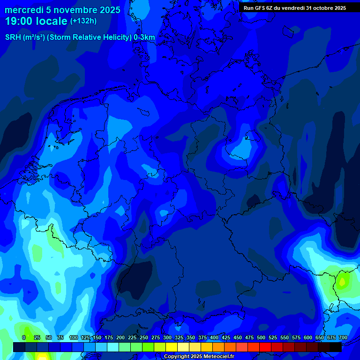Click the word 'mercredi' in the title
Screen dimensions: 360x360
(x=24, y=10)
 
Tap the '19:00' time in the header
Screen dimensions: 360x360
(x=19, y=21)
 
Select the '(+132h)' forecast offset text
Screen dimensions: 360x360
(x=83, y=21)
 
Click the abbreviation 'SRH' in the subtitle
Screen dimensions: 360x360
(x=13, y=37)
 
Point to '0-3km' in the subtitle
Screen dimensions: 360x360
(x=144, y=37)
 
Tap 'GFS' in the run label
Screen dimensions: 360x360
(x=261, y=7)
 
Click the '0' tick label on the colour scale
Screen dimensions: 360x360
(x=24, y=337)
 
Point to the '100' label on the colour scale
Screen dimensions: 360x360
(x=74, y=337)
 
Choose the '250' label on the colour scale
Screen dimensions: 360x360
(x=144, y=337)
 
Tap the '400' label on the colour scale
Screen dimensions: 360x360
(x=214, y=337)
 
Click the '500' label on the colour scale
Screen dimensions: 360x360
(x=261, y=337)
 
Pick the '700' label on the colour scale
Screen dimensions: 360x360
(x=343, y=337)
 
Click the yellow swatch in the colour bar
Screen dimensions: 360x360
(x=172, y=347)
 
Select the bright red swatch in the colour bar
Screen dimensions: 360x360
(x=265, y=347)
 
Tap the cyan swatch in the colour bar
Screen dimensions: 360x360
(x=113, y=347)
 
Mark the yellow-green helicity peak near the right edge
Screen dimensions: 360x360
(x=343, y=282)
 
